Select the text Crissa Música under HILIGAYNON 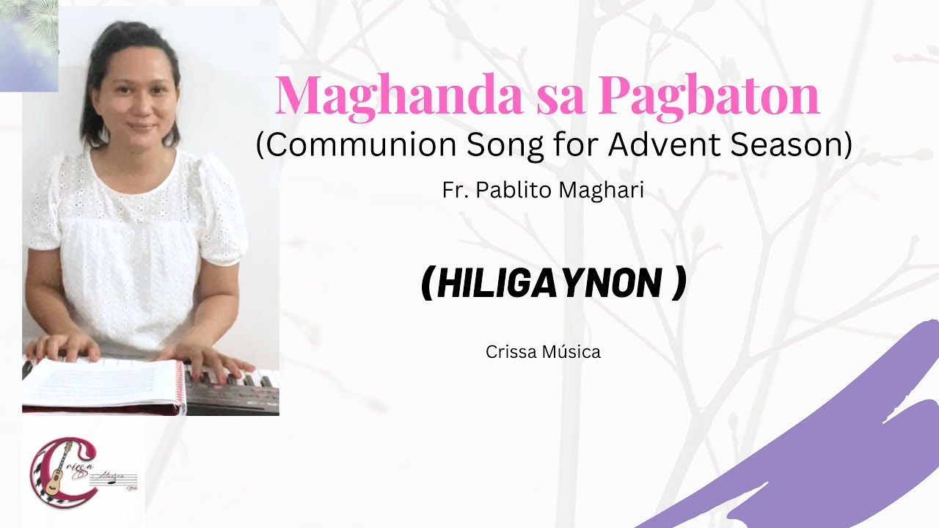coord(543,352)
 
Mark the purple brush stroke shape coord(829,447)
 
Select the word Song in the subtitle coord(505,145)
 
